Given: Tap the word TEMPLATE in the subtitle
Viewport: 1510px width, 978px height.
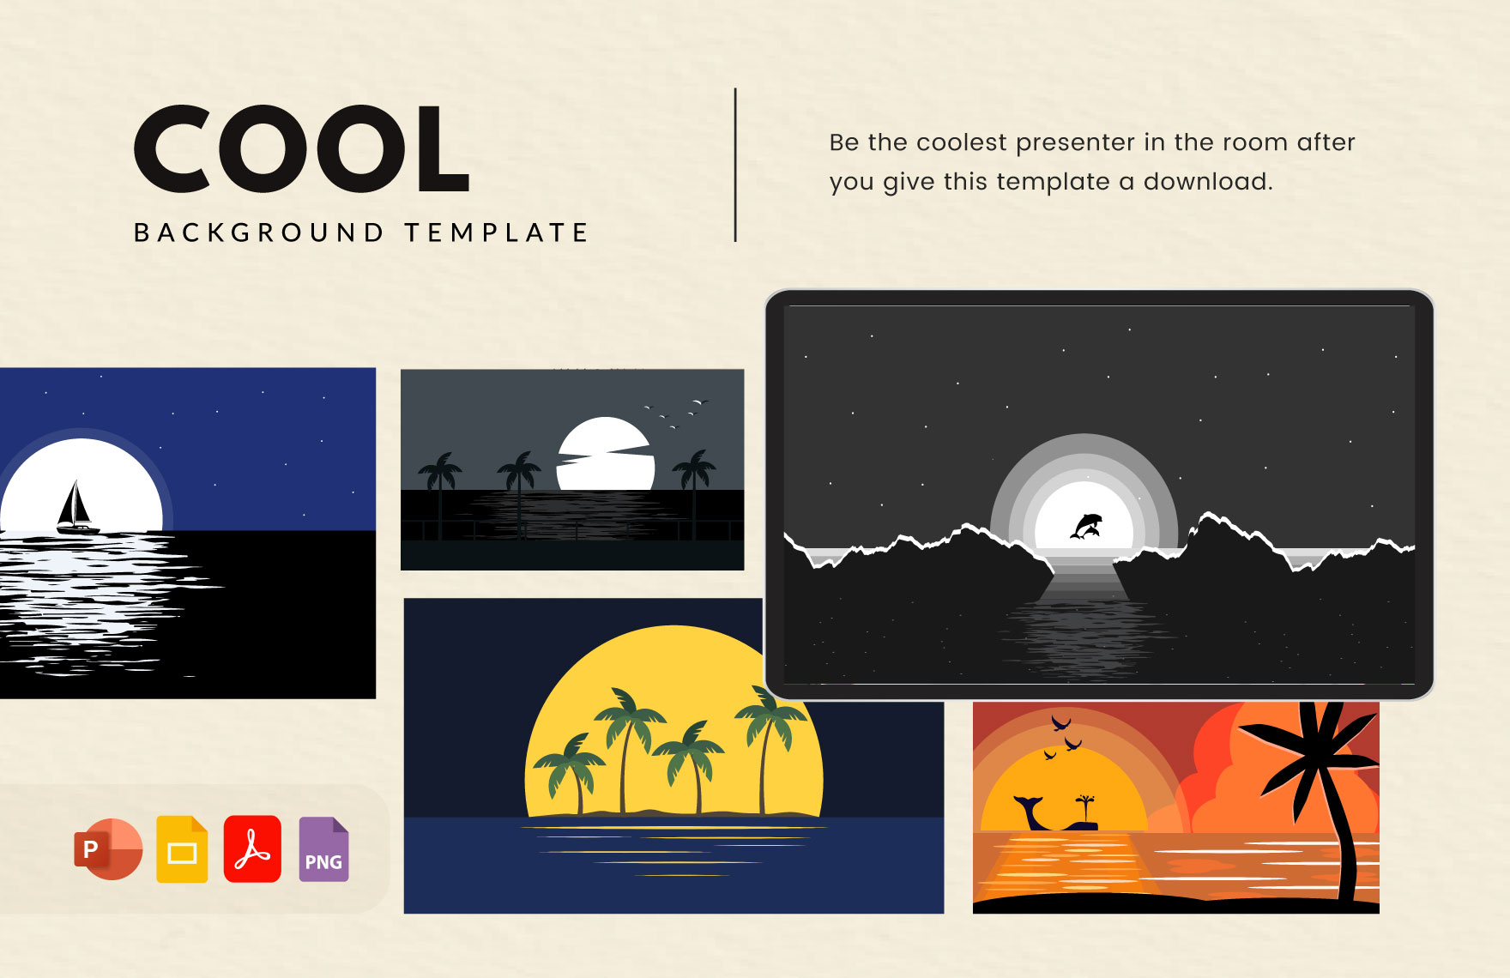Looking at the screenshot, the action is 496,232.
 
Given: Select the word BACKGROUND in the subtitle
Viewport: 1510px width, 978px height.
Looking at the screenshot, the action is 258,232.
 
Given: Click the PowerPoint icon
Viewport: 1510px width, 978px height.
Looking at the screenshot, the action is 108,849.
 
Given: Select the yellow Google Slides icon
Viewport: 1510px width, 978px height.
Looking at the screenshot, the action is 182,849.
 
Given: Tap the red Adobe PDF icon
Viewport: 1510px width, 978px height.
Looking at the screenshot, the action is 252,849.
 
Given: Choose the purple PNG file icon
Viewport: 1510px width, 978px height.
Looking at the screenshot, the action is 323,849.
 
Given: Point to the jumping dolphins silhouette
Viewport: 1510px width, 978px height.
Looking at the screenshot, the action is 1085,526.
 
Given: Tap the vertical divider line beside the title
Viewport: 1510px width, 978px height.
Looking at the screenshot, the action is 735,165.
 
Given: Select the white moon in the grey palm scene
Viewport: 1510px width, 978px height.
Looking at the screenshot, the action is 606,455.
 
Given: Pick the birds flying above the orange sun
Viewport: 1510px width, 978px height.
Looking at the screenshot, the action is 1062,737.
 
